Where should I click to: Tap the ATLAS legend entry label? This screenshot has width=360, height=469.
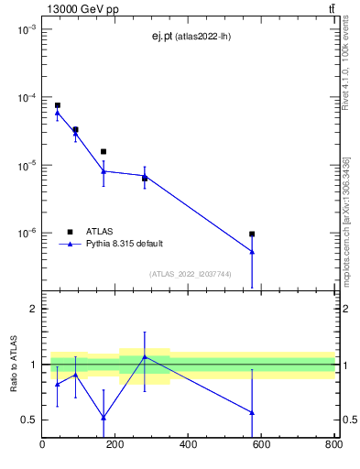[100, 231]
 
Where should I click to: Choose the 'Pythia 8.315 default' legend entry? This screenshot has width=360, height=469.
[125, 244]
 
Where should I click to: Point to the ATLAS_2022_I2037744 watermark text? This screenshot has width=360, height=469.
[190, 273]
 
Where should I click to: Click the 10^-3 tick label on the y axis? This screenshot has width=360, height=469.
[27, 30]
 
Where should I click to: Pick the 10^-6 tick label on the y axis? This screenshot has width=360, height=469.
[27, 234]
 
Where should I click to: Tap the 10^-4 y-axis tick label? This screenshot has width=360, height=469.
[27, 98]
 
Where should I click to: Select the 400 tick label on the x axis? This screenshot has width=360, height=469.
[188, 445]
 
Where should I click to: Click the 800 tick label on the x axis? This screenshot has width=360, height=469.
[333, 445]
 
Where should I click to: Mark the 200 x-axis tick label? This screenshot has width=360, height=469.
[115, 445]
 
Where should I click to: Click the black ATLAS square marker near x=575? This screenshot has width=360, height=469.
[252, 234]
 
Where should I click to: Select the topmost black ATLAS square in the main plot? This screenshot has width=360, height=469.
[57, 105]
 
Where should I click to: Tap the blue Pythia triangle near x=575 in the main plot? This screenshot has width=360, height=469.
[252, 251]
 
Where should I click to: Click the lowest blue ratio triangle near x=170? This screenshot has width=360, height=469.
[104, 417]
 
